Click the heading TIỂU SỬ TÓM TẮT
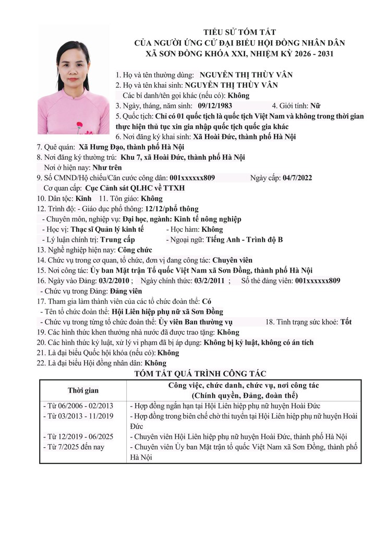point(240,32)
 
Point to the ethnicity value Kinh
point(83,198)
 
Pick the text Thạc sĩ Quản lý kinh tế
point(107,229)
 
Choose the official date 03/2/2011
point(209,281)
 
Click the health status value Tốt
point(346,322)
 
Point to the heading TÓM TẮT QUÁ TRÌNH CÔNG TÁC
point(200,374)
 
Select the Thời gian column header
point(83,390)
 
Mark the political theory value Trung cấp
point(117,240)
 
